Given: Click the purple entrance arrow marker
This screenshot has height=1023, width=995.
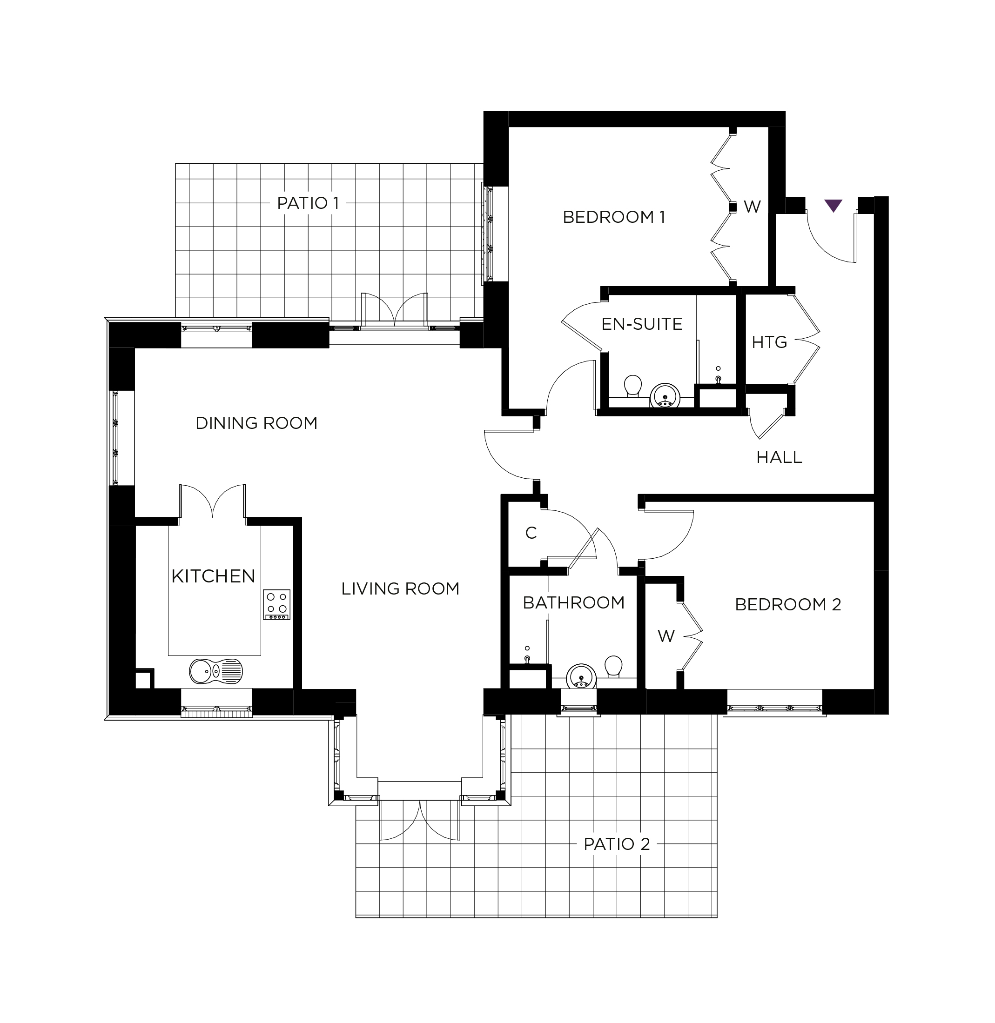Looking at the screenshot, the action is [x=833, y=205].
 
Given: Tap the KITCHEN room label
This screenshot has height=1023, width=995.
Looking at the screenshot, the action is [x=213, y=576].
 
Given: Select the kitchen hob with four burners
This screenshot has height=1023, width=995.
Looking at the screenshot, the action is [x=277, y=604].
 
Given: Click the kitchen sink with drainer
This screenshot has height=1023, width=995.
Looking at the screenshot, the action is [x=216, y=671].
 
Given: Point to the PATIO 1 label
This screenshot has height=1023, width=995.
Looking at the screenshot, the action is [x=309, y=203].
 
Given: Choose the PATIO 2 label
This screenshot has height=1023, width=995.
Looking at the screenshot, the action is [x=617, y=844].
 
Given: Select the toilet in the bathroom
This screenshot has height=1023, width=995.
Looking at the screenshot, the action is [x=613, y=667].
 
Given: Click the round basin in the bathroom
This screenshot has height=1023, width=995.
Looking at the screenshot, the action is [x=581, y=676].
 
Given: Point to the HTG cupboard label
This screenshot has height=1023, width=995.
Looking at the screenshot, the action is [x=769, y=342].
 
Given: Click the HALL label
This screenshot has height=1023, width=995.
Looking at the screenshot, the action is [x=779, y=457].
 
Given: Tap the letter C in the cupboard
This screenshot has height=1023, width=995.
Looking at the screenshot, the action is [x=531, y=533].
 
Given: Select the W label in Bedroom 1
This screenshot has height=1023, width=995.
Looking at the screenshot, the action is [x=752, y=207].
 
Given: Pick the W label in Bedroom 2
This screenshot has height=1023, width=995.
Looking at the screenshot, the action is [x=666, y=636].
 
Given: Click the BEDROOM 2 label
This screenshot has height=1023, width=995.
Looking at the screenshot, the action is [x=788, y=604].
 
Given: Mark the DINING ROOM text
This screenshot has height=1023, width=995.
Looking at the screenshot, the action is [x=256, y=423].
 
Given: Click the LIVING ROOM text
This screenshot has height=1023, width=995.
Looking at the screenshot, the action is [x=400, y=589].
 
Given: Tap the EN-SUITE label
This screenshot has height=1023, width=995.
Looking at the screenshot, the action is [x=642, y=324].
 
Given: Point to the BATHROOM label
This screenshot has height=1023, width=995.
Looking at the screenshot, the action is [x=574, y=603].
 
